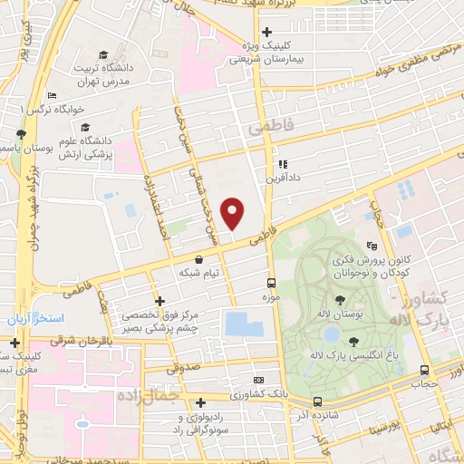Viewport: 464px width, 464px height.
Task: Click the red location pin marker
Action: [234, 214]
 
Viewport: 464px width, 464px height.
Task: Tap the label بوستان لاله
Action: [340, 314]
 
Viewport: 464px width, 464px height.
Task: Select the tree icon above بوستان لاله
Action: [340, 299]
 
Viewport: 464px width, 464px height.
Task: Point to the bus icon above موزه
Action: [271, 283]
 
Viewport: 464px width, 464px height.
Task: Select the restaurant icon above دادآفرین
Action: [282, 165]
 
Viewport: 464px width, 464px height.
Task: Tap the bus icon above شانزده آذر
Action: [317, 401]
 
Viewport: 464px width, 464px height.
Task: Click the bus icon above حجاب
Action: [424, 370]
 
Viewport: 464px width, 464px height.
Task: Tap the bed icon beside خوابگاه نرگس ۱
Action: [53, 95]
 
